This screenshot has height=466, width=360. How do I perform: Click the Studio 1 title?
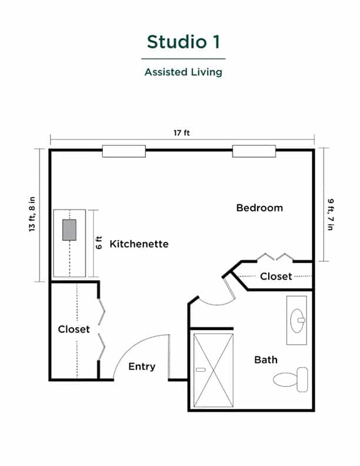pos(184,42)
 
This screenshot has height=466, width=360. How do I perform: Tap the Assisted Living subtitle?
pos(184,72)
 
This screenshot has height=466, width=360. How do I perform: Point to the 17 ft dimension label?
pos(182,132)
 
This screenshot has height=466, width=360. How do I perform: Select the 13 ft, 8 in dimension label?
pos(32,214)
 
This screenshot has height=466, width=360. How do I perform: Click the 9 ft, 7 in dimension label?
pos(331,214)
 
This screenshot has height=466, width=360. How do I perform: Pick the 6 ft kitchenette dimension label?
pos(99,242)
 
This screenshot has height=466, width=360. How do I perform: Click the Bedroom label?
pos(259,208)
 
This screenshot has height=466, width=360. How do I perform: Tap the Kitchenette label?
pos(139,244)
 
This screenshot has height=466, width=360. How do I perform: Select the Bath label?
pos(266,360)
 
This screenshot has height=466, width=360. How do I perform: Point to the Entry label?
pos(142,367)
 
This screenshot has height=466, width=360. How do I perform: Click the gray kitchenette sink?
pos(69,230)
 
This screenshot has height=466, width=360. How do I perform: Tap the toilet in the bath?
pos(291,380)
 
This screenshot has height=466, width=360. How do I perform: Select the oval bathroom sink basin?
pos(298,321)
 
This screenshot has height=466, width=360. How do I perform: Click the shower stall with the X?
pos(214,370)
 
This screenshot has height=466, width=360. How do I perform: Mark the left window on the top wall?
pos(124,151)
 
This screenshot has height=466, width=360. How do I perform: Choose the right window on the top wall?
pos(254,151)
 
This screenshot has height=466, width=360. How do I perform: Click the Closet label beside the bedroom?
pos(276,277)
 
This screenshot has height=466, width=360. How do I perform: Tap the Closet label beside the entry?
pos(74,329)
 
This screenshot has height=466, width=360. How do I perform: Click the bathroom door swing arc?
pos(217,304)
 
